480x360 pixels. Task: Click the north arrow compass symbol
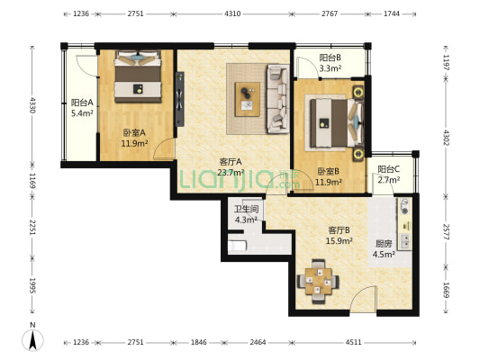coord(32,340)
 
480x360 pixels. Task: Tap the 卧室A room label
coord(134,132)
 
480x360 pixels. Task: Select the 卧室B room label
coord(329,172)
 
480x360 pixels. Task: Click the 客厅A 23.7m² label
coord(231,167)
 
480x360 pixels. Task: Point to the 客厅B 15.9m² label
coord(339,235)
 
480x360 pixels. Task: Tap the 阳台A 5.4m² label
coord(82,108)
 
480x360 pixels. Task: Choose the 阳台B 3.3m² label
coord(331,63)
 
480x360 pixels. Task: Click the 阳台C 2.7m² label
coord(389,175)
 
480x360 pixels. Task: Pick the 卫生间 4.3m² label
coord(246,214)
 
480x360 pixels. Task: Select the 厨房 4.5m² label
coord(384,248)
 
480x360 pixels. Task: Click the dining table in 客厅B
coord(318,281)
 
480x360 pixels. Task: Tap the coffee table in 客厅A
coord(248,99)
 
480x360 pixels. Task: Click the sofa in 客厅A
coord(278,99)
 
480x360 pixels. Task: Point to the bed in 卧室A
coord(138,76)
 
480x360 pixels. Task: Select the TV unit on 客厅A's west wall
coord(180,99)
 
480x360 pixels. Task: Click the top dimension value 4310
coord(232,13)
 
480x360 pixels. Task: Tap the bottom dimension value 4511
coord(353,342)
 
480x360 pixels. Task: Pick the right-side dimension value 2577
coord(446,232)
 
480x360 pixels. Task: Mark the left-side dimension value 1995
coord(32,285)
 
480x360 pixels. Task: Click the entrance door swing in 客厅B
coord(363,299)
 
